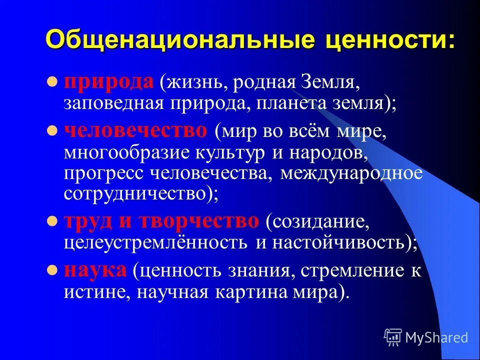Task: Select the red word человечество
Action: (135, 131)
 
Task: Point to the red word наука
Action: (95, 270)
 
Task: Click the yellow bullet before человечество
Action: (51, 131)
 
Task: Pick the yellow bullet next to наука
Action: (51, 270)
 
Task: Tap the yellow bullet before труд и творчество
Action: (51, 221)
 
